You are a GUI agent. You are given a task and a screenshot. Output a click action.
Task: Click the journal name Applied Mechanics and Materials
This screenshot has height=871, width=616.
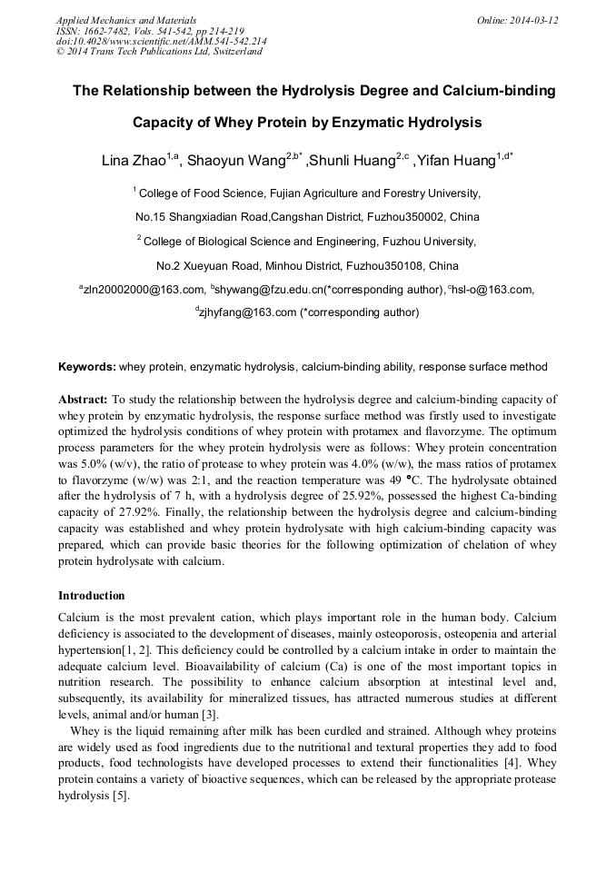127,19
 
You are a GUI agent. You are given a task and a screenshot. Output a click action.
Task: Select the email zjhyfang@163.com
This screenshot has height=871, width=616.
248,312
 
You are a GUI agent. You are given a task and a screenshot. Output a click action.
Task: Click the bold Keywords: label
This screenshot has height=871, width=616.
86,367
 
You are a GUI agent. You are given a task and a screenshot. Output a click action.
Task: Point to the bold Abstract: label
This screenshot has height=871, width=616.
83,399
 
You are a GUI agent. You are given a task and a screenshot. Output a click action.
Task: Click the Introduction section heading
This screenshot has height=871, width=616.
91,596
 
